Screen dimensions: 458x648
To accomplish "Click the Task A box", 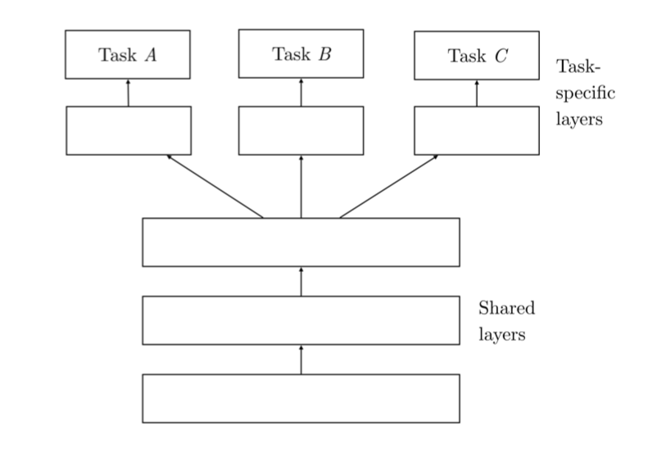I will point(128,55).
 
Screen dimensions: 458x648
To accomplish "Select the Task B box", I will point(301,54).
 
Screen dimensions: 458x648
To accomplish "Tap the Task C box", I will point(477,56).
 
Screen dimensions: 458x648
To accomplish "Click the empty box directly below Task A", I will point(129,130).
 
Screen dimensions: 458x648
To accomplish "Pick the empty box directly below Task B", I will point(301,130).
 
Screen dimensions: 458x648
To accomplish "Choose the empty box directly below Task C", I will point(477,130).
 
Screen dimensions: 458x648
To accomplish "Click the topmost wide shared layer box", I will point(301,243).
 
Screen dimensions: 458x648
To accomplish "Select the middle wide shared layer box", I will point(301,320).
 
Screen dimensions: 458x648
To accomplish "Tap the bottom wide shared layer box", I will point(301,398).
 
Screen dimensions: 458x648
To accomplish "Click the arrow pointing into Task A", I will point(129,93).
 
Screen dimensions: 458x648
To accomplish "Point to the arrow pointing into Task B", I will point(301,93).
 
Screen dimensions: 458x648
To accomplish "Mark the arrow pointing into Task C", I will point(477,93).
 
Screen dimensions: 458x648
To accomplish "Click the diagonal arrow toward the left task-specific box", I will point(215,186).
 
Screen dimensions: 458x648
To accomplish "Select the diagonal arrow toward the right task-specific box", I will point(388,186).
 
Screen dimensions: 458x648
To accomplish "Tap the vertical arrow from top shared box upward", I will point(301,186).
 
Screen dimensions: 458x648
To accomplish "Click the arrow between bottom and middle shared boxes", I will point(301,360).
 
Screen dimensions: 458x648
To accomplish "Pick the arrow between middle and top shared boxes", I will point(301,281).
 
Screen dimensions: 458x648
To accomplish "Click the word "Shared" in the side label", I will point(506,309).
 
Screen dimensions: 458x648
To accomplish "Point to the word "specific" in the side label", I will point(586,93).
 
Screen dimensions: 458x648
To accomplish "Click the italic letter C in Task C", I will point(501,57).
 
